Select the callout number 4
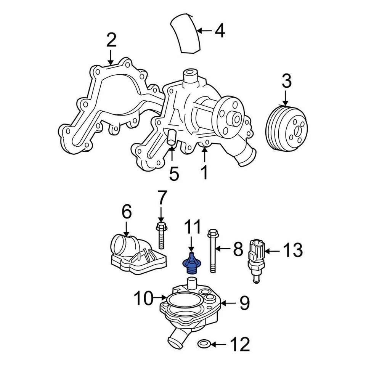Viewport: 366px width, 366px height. [219, 30]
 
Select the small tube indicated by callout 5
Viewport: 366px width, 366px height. [171, 136]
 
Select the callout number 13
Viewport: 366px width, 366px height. [292, 250]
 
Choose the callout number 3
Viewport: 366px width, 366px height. [287, 82]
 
